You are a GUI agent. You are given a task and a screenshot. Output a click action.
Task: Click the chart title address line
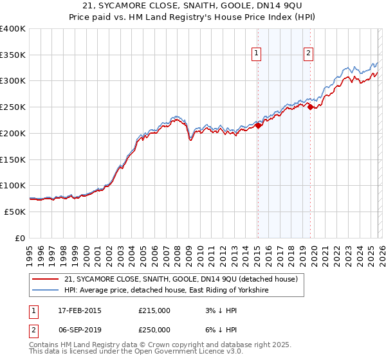coord(193,6)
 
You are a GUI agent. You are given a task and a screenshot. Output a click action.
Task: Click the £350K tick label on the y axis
coord(13,55)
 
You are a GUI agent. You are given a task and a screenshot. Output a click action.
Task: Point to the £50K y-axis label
coord(15,212)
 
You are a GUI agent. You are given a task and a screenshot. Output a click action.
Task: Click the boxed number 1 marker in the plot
coord(257,53)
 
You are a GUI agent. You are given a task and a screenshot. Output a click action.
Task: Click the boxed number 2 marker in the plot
coord(309,53)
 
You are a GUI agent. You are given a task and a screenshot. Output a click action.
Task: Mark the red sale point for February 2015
coord(258,126)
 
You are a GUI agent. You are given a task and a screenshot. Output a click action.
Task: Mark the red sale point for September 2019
coord(310,107)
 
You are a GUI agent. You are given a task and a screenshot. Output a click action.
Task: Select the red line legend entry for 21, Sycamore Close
coord(180,280)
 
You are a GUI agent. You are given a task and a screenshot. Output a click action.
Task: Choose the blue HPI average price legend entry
coord(165,291)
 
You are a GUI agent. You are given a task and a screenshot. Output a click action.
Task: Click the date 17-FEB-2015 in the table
coord(82,310)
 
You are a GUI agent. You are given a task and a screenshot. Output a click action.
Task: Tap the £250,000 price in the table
coord(154,329)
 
